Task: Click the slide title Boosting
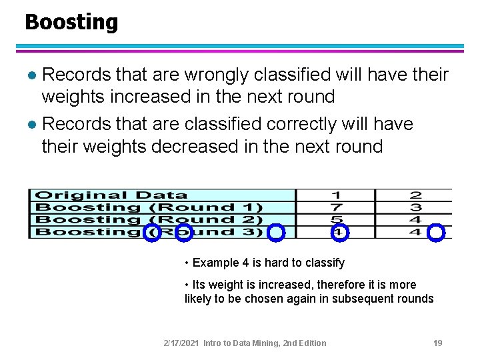71,23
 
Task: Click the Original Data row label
111,195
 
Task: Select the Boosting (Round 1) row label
149,207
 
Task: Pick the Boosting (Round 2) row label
149,219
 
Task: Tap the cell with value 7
337,207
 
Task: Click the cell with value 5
337,219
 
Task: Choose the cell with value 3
415,207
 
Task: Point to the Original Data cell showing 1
337,195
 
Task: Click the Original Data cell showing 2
415,195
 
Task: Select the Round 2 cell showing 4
415,219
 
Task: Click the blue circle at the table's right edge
435,232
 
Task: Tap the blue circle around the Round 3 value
339,232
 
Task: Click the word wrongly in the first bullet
213,75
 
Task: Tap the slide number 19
438,343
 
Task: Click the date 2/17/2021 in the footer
181,343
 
